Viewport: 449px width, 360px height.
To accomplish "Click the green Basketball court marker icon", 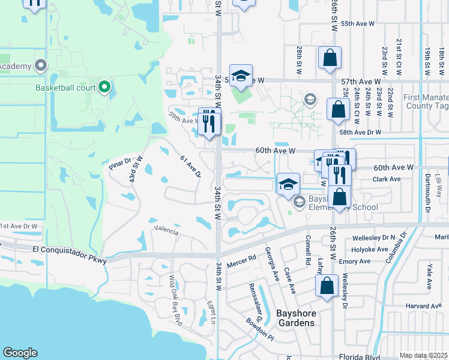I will point(104,88).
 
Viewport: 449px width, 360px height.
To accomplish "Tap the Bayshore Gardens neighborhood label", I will point(295,318).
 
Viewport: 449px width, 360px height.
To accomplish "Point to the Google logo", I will point(20,353).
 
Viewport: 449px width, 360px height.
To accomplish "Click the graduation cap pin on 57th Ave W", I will point(241,76).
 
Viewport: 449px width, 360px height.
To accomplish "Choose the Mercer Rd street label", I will point(242,262).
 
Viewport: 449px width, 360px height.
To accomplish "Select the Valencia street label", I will point(166,230).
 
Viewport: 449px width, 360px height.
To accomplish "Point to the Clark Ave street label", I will point(387,179).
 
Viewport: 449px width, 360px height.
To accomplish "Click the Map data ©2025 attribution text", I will point(423,355).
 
